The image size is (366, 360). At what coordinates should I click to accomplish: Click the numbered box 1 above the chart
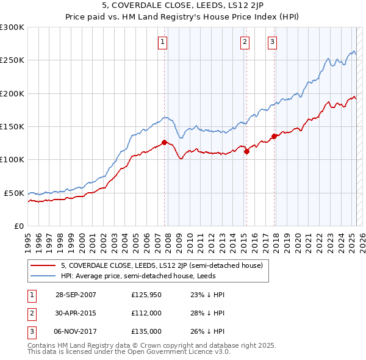click(163, 42)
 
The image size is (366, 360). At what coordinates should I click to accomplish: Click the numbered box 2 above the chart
click(245, 42)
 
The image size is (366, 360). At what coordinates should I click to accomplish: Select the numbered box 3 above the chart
click(272, 42)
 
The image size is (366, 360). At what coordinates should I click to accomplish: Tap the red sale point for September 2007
click(165, 143)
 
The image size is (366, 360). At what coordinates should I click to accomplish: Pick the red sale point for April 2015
click(246, 152)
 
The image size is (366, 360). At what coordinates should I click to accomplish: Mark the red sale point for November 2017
click(274, 136)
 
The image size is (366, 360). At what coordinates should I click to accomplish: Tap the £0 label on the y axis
click(19, 226)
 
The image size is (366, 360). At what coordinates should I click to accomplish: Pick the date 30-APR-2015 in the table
click(76, 313)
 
